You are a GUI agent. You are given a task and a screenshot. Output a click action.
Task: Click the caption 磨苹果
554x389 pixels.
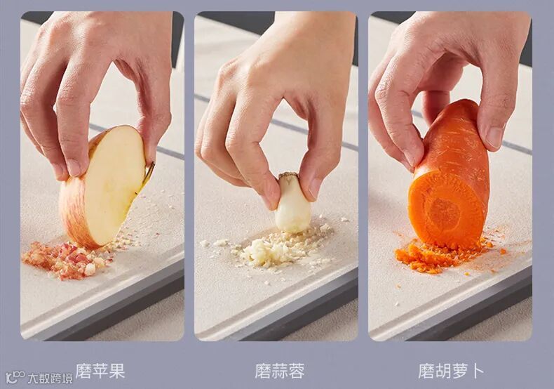[x=100, y=371]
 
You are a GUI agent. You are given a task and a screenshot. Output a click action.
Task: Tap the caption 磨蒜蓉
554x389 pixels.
[x=280, y=371]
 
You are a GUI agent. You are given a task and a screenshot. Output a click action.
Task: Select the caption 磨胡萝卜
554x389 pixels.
[x=451, y=371]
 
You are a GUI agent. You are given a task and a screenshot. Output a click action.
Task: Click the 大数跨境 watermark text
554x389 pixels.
[x=50, y=378]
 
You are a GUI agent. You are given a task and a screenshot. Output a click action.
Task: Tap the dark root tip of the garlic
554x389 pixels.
[x=289, y=176]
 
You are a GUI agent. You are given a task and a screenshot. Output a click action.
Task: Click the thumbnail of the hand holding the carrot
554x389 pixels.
[x=494, y=137]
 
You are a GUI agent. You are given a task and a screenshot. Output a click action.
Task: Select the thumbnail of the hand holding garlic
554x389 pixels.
[x=314, y=188]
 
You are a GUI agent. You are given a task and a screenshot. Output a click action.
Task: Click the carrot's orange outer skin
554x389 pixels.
[x=459, y=141]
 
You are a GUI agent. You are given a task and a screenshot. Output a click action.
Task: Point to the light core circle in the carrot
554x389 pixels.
[x=443, y=213]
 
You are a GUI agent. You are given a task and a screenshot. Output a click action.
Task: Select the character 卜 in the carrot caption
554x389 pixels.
[x=477, y=371]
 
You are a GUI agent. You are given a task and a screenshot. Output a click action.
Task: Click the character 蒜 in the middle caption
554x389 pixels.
[x=280, y=371]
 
